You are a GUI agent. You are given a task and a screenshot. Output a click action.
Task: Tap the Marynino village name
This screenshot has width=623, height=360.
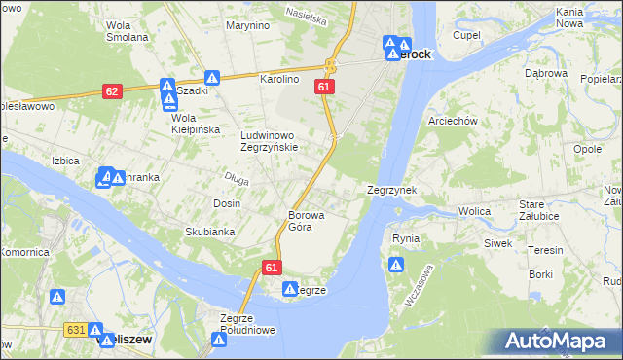tap(246, 25)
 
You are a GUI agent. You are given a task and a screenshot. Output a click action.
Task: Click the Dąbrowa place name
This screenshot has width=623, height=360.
tap(545, 73)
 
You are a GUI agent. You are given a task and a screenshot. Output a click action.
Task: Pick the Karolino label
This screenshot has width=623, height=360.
tap(276, 79)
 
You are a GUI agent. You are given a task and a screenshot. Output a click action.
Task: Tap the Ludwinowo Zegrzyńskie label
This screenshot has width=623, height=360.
tap(277, 141)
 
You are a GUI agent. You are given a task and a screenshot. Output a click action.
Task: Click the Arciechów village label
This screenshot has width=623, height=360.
tap(452, 122)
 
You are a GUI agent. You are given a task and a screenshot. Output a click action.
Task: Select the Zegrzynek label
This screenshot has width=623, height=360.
tap(391, 191)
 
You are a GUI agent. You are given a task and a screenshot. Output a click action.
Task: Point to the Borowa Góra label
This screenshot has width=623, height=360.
tap(306, 221)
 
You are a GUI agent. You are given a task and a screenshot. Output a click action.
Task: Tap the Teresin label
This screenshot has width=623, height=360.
tap(545, 250)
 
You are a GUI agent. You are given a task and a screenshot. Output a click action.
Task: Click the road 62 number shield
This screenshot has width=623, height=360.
tap(112, 91)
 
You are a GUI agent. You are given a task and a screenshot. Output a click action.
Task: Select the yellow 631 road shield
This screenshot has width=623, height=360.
tap(76, 331)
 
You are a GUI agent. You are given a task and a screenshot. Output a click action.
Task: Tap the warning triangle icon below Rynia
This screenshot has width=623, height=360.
tap(396, 265)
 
